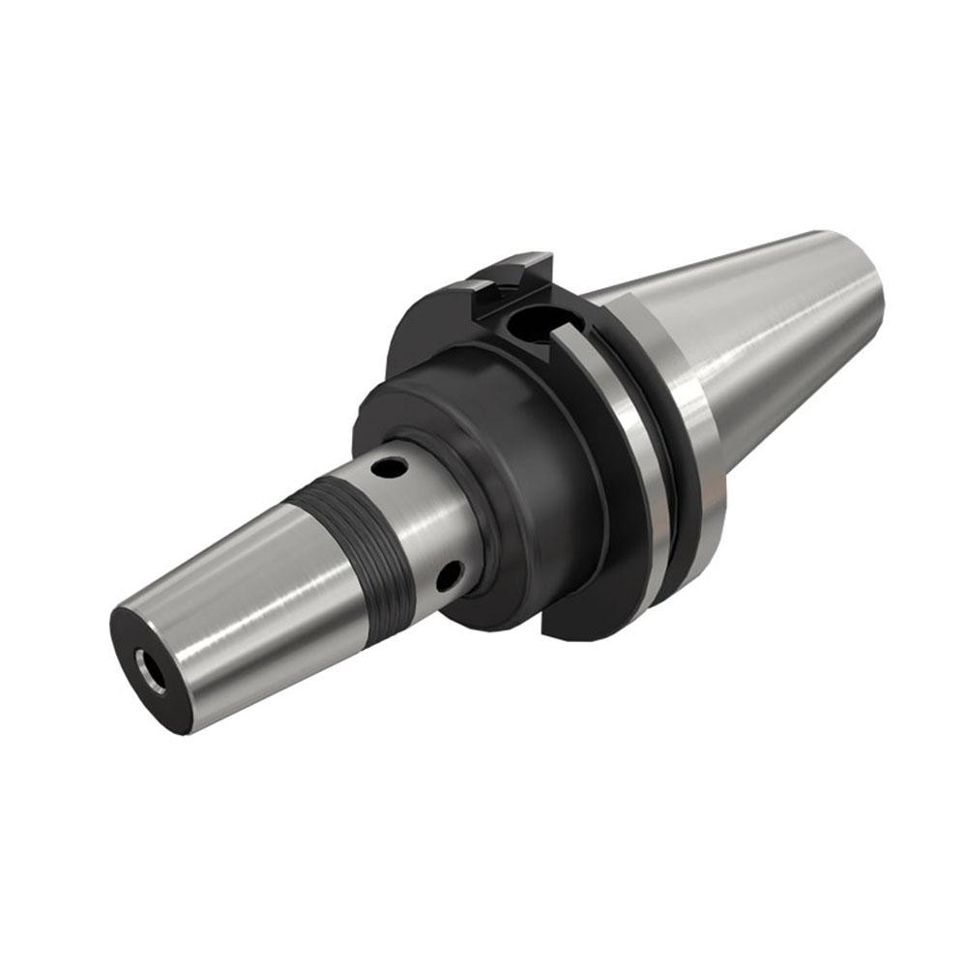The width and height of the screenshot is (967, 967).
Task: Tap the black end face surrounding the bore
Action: click(x=135, y=638)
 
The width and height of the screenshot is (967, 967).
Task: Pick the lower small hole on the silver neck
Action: click(x=448, y=577)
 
